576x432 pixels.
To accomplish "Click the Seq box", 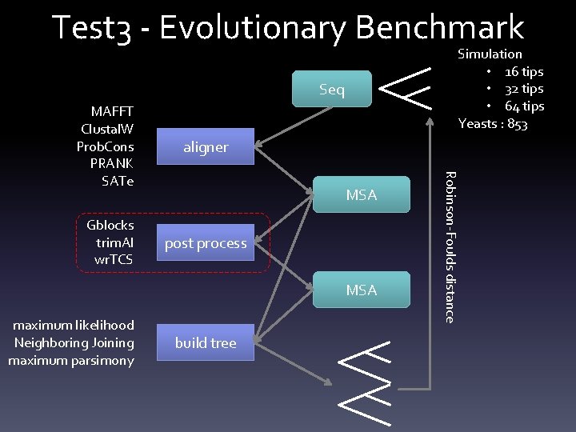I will pyautogui.click(x=332, y=90).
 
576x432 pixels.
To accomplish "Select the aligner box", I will pyautogui.click(x=206, y=147).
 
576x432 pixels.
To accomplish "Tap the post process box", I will pyautogui.click(x=206, y=243).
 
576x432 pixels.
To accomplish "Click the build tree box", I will pyautogui.click(x=206, y=342).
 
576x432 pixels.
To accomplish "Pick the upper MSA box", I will pyautogui.click(x=361, y=195).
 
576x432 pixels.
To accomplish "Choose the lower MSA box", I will pyautogui.click(x=361, y=290).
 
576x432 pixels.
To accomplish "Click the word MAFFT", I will pyautogui.click(x=112, y=111).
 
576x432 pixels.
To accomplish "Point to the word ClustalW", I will pyautogui.click(x=107, y=129).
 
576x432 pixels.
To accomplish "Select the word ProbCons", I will pyautogui.click(x=105, y=146).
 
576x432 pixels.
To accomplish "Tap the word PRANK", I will pyautogui.click(x=113, y=164).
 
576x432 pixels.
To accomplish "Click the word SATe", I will pyautogui.click(x=118, y=181).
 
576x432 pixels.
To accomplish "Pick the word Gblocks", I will pyautogui.click(x=110, y=225).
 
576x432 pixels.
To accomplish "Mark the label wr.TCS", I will pyautogui.click(x=114, y=259).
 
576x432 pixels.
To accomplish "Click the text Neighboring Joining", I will pyautogui.click(x=74, y=342).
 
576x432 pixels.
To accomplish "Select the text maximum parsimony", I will pyautogui.click(x=71, y=360).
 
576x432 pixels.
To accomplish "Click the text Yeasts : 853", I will pyautogui.click(x=492, y=124).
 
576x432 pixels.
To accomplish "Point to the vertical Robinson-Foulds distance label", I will pyautogui.click(x=450, y=247).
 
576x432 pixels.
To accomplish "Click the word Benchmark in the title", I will pyautogui.click(x=439, y=27).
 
